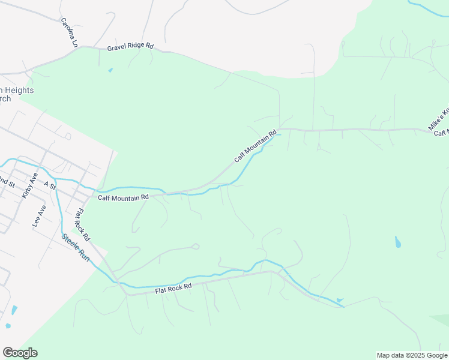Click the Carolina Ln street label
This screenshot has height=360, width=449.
click(x=70, y=32)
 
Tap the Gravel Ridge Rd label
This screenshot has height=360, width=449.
click(x=130, y=47)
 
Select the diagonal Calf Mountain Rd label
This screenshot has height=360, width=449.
click(x=255, y=146)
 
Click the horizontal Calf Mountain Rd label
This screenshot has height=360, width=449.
click(x=123, y=197)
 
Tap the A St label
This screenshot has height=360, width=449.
click(x=49, y=187)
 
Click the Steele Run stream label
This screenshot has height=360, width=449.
click(x=75, y=247)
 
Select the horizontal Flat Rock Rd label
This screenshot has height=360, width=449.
click(x=173, y=289)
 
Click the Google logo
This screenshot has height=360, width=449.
click(x=20, y=353)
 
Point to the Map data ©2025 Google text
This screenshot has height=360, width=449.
click(x=412, y=355)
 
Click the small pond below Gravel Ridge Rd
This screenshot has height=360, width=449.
click(x=110, y=70)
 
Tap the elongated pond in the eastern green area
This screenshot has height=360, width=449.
click(x=397, y=242)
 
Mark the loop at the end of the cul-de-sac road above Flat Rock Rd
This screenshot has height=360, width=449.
click(x=196, y=246)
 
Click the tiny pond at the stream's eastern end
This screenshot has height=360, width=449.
click(x=340, y=300)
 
